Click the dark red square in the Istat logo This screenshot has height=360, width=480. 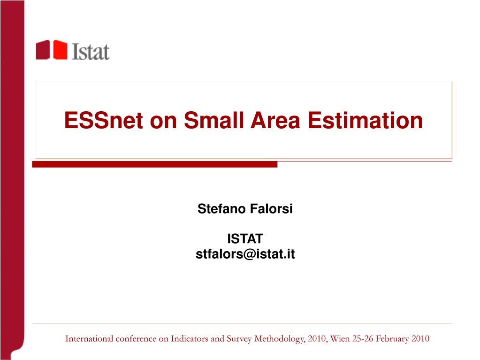coord(43,50)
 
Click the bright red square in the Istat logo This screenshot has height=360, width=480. coord(61,50)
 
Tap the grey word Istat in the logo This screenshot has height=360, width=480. coord(91,52)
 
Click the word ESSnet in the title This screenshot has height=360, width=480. coord(104,120)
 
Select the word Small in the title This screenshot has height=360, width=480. coord(213,120)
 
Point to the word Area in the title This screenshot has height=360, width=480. coord(275,120)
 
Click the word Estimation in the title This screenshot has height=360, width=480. coord(365,120)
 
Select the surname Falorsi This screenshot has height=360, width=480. coord(271,209)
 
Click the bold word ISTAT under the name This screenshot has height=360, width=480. coord(245,239)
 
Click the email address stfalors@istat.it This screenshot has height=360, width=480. coord(245,254)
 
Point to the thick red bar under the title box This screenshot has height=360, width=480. coord(154,164)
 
